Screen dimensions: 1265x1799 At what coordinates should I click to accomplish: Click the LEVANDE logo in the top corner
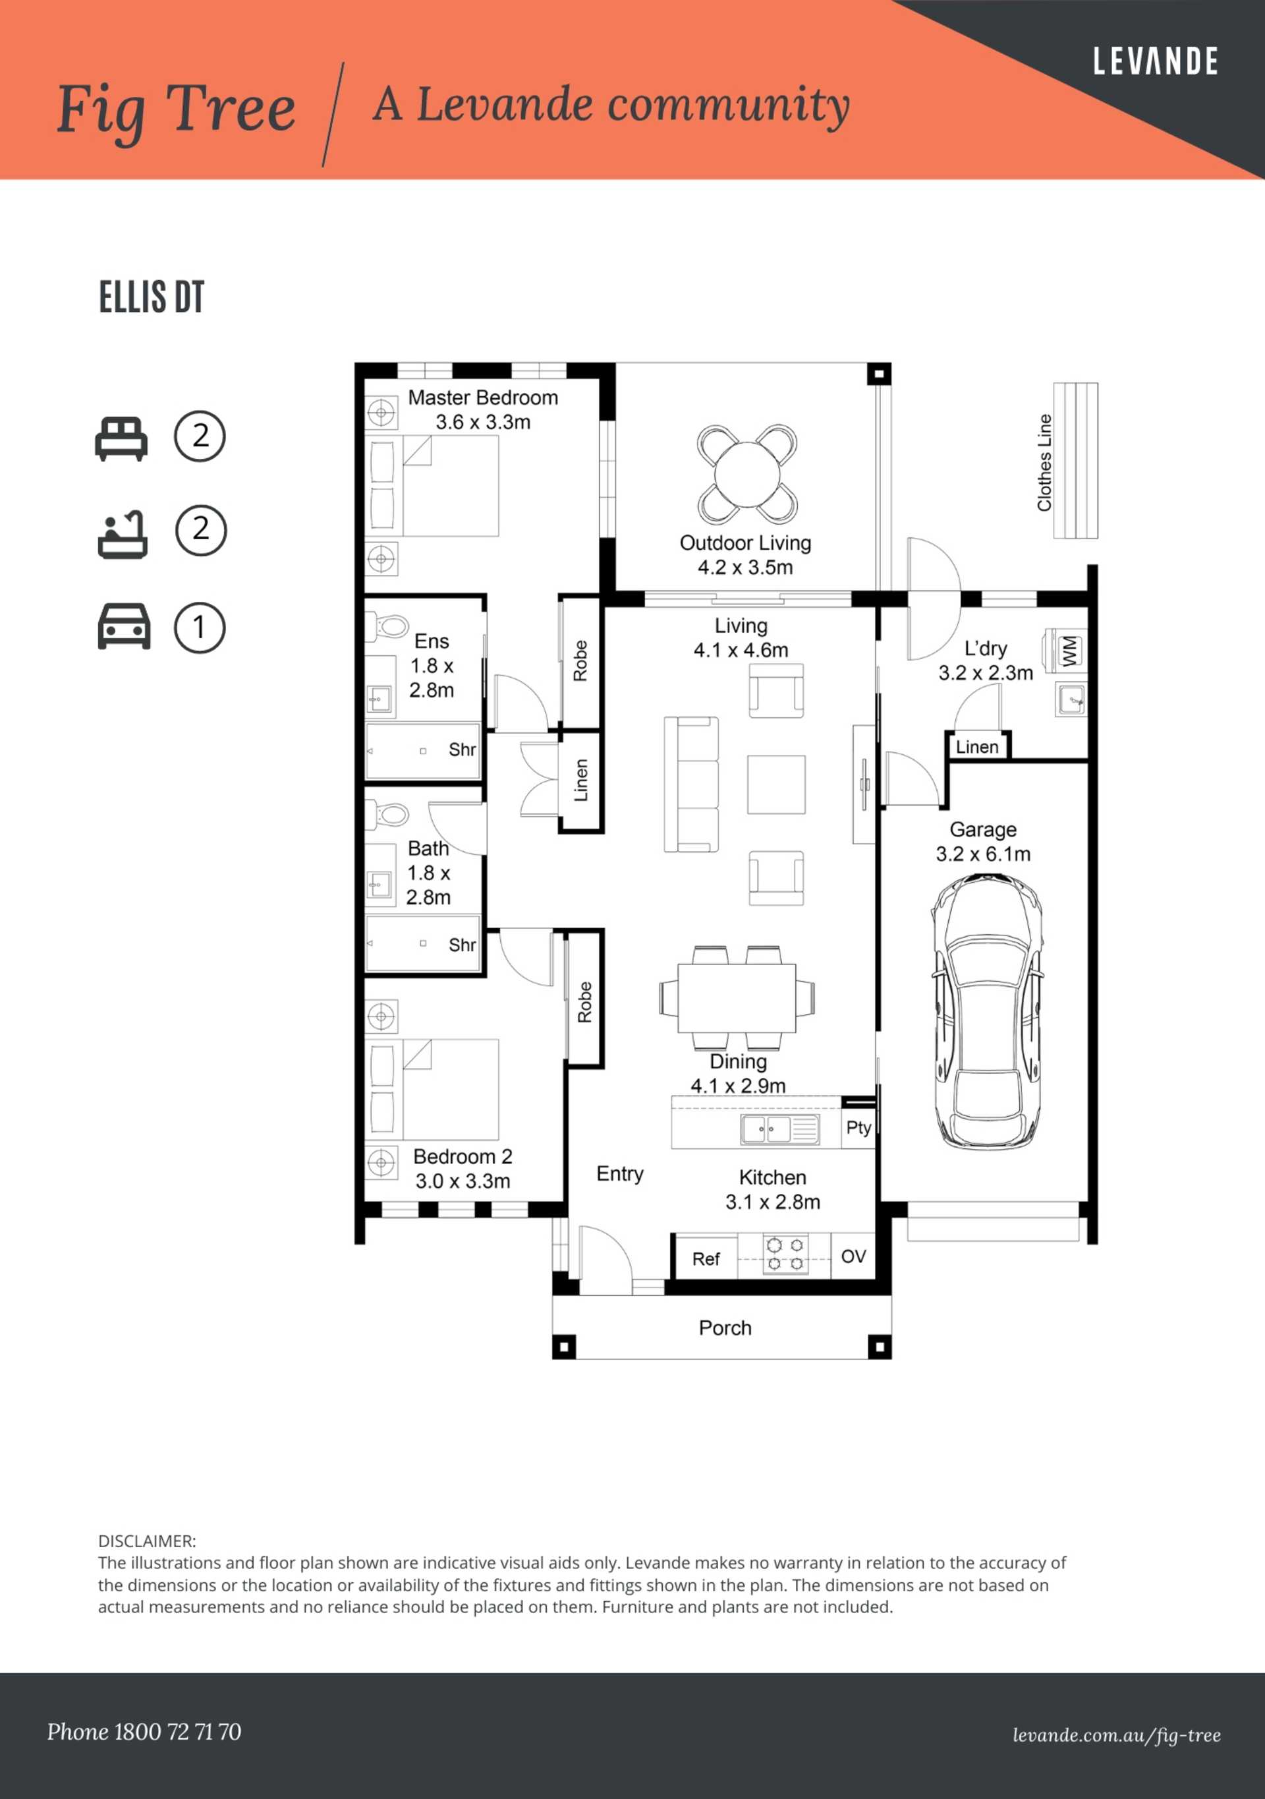[x=1156, y=61]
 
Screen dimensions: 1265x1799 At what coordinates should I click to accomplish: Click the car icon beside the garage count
[x=124, y=626]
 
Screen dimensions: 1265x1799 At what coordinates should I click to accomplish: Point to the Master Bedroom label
[x=484, y=398]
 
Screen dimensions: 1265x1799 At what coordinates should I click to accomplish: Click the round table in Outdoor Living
[x=747, y=474]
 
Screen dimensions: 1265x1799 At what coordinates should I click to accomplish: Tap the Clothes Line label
[x=1044, y=462]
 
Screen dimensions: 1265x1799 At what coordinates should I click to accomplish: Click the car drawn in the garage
[x=986, y=1011]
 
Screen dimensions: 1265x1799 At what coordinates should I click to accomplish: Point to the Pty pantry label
[x=858, y=1129]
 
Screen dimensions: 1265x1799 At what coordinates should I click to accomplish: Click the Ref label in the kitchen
[x=706, y=1258]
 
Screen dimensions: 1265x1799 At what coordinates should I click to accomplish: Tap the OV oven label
[x=853, y=1256]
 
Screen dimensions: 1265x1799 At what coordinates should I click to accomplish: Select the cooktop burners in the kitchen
[x=785, y=1254]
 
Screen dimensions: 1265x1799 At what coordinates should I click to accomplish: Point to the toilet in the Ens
[x=389, y=626]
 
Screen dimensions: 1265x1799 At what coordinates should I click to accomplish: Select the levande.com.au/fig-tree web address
[x=1116, y=1736]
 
